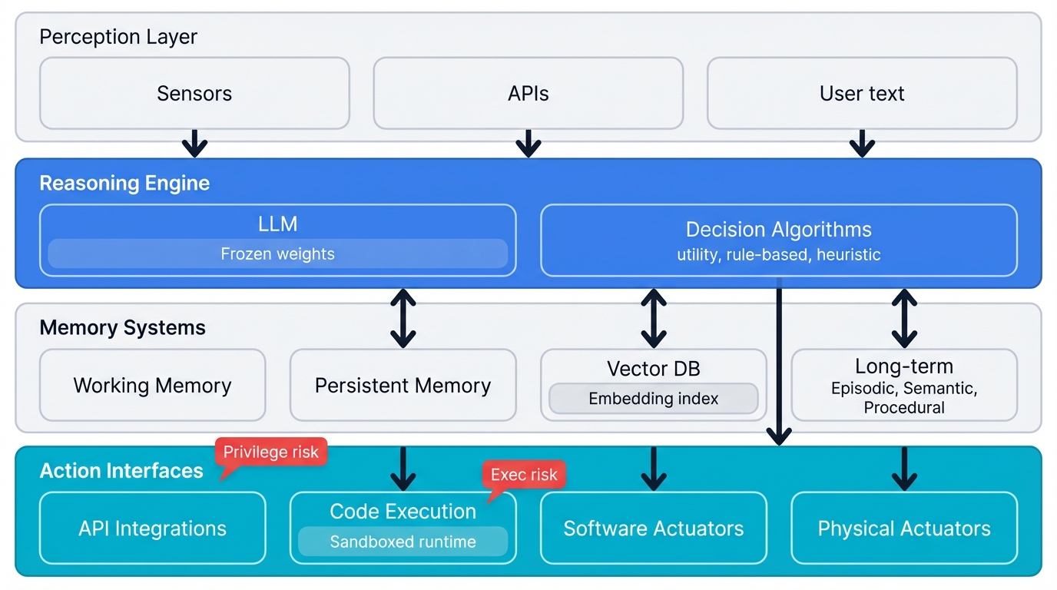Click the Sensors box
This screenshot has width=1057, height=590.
tap(194, 94)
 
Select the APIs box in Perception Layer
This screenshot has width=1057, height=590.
tap(528, 94)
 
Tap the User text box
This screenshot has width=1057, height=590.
tap(862, 94)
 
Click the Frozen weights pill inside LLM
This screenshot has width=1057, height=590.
tap(277, 254)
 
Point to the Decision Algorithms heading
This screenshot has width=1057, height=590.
tap(778, 230)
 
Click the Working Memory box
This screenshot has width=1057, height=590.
tap(152, 386)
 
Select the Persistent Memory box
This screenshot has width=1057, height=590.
tap(403, 386)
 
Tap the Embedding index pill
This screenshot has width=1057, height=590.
tap(653, 399)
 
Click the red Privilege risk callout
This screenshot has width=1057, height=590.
tap(271, 452)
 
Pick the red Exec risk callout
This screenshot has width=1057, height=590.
tap(524, 475)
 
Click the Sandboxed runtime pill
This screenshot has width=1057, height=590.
tap(403, 542)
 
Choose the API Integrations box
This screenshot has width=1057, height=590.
tap(152, 529)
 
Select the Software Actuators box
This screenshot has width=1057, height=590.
tap(653, 529)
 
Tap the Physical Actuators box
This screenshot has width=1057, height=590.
tap(903, 529)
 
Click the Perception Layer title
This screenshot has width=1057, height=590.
tap(118, 37)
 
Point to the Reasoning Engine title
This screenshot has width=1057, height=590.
tap(124, 184)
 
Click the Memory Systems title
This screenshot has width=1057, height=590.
tap(122, 328)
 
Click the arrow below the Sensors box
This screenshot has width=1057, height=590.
tap(194, 143)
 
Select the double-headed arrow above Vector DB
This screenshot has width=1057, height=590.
tap(653, 318)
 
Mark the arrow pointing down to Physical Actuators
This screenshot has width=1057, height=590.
tap(903, 468)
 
